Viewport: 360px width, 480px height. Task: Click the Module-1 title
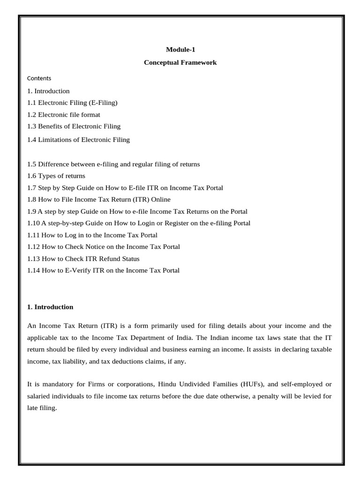click(x=180, y=49)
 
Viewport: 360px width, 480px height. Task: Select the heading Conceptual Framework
click(x=180, y=62)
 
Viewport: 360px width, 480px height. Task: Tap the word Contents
click(x=39, y=78)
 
